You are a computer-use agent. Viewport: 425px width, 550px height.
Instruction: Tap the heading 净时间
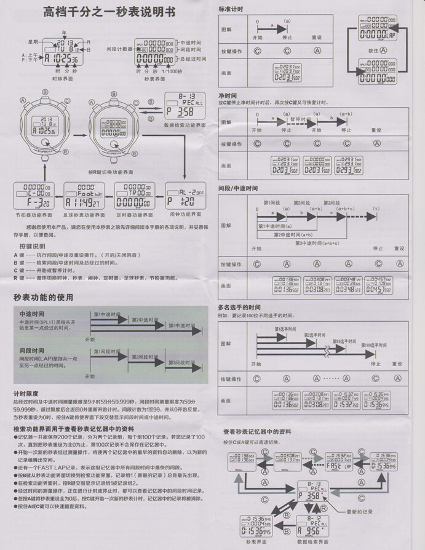point(228,97)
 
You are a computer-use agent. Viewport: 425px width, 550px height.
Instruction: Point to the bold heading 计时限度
point(26,393)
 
